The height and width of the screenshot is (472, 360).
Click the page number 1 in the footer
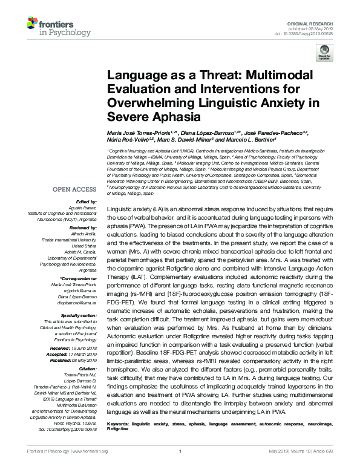point(180,468)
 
